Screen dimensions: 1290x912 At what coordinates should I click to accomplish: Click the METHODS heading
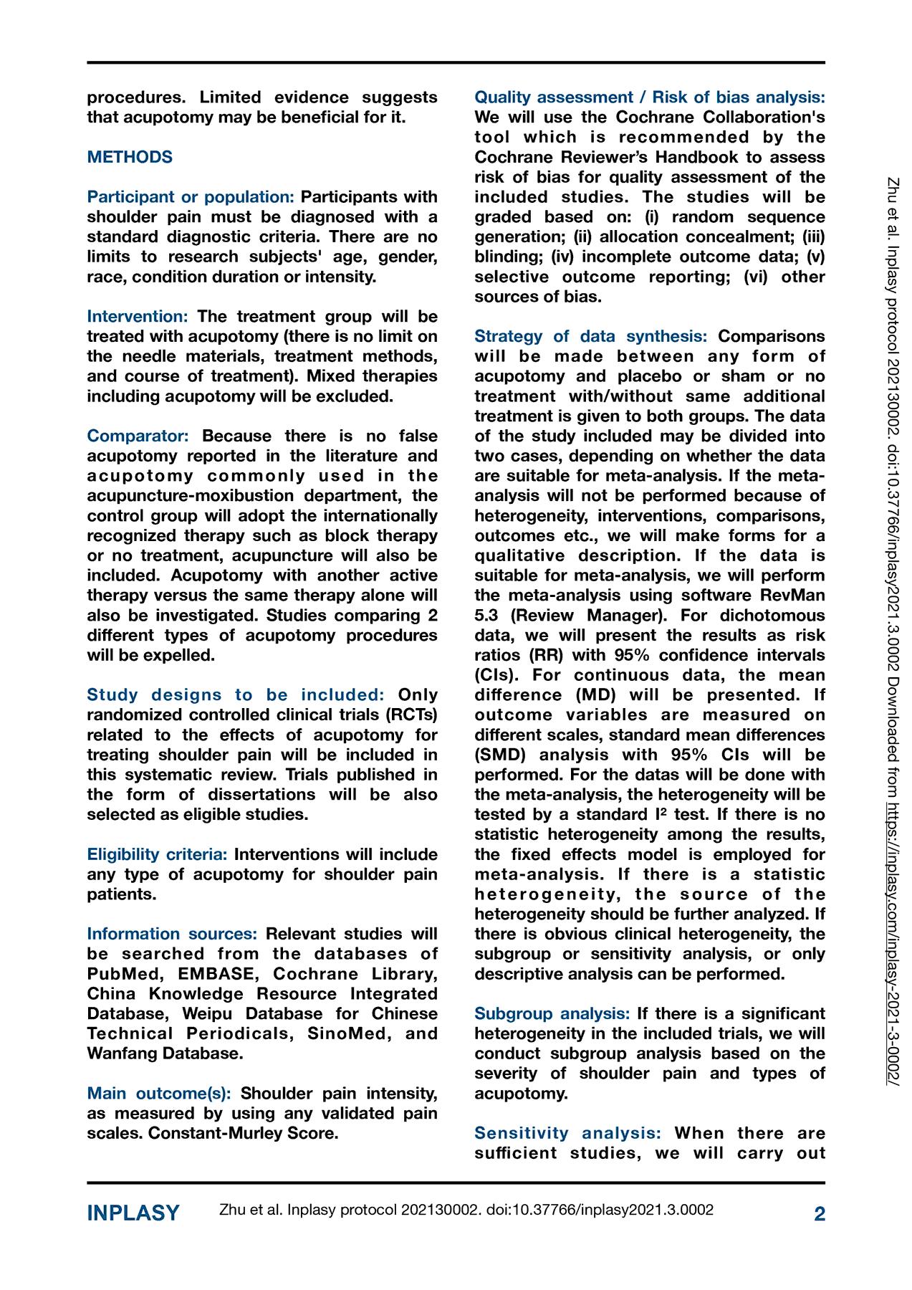(x=130, y=157)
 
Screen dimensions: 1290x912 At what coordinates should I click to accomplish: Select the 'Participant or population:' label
(x=191, y=197)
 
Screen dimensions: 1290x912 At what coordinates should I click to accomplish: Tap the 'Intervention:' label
(x=138, y=317)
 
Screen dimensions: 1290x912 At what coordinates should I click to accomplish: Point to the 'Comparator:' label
(x=138, y=436)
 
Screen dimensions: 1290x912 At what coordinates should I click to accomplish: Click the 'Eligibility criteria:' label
(x=157, y=855)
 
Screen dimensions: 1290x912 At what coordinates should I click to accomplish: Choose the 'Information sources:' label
(x=172, y=935)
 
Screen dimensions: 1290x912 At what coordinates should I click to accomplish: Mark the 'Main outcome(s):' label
(x=159, y=1094)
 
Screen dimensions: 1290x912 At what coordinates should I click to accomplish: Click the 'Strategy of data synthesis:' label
(x=591, y=337)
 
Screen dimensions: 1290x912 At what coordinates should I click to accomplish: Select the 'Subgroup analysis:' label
(x=552, y=1014)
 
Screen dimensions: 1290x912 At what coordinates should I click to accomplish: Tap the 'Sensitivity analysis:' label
(x=568, y=1134)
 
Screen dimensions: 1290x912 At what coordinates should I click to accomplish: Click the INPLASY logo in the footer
(x=133, y=1213)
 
